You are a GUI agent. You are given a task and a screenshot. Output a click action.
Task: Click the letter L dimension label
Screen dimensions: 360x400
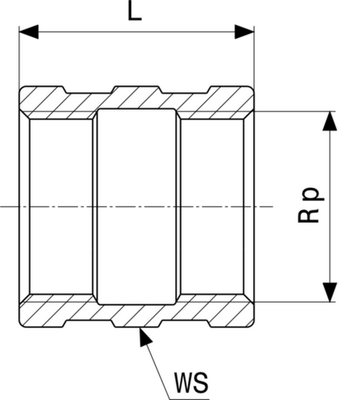(x=135, y=11)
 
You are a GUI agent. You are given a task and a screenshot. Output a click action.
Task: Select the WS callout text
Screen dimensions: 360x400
(x=191, y=383)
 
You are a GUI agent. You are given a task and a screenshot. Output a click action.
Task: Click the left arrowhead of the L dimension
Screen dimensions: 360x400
(x=29, y=32)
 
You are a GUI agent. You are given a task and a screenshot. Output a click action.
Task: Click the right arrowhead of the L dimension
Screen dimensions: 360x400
(x=245, y=32)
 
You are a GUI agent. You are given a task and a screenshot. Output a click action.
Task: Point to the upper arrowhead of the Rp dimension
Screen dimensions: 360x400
(x=329, y=121)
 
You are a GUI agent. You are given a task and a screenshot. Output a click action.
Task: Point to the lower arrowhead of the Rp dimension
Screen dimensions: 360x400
(x=329, y=293)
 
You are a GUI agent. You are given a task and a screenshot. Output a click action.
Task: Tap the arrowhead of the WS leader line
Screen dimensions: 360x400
(x=144, y=336)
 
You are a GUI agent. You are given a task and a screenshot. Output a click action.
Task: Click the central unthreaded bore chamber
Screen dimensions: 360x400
(x=136, y=206)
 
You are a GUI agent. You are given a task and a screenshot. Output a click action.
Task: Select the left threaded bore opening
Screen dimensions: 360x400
(x=61, y=206)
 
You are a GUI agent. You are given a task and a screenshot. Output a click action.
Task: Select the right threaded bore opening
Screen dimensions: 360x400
(x=212, y=206)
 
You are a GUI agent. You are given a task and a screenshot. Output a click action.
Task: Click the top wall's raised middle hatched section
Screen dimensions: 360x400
(x=136, y=97)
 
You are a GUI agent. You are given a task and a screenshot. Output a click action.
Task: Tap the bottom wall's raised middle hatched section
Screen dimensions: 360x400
(x=136, y=316)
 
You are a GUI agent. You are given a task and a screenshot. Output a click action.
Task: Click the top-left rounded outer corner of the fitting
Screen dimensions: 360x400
(x=21, y=88)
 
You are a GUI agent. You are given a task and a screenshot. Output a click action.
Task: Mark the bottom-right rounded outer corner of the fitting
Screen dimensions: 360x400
(x=252, y=325)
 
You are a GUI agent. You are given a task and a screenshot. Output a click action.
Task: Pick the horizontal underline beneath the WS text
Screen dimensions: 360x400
(x=189, y=399)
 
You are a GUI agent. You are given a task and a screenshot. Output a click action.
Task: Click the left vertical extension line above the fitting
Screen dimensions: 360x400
(x=19, y=56)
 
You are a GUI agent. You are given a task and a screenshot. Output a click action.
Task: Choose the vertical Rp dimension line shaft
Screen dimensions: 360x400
(x=329, y=206)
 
